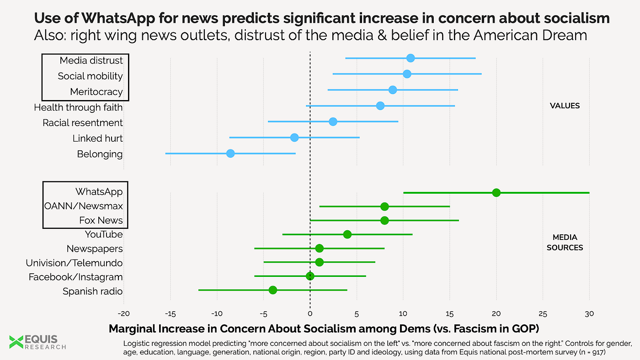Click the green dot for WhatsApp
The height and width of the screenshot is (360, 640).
(x=496, y=192)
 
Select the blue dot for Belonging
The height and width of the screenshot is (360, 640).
(x=230, y=154)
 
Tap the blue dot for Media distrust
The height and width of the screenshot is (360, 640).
(x=411, y=58)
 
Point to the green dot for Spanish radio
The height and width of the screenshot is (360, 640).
(x=273, y=290)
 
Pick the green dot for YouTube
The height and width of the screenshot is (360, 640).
(x=347, y=234)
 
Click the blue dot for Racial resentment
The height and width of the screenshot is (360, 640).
(x=333, y=122)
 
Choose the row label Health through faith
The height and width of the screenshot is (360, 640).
(x=78, y=107)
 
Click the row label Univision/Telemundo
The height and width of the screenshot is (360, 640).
(x=74, y=263)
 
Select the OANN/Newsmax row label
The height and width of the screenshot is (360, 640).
(x=83, y=206)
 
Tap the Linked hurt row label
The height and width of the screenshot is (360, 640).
(x=97, y=138)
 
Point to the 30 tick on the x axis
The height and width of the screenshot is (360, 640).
(x=589, y=313)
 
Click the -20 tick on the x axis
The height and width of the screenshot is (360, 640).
(x=123, y=313)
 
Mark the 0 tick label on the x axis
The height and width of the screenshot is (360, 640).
(x=310, y=313)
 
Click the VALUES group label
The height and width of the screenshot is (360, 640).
(x=565, y=106)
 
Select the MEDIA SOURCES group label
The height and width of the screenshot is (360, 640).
(x=565, y=243)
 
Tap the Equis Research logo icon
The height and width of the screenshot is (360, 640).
(x=16, y=342)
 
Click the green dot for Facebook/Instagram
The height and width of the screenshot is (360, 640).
(x=310, y=276)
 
